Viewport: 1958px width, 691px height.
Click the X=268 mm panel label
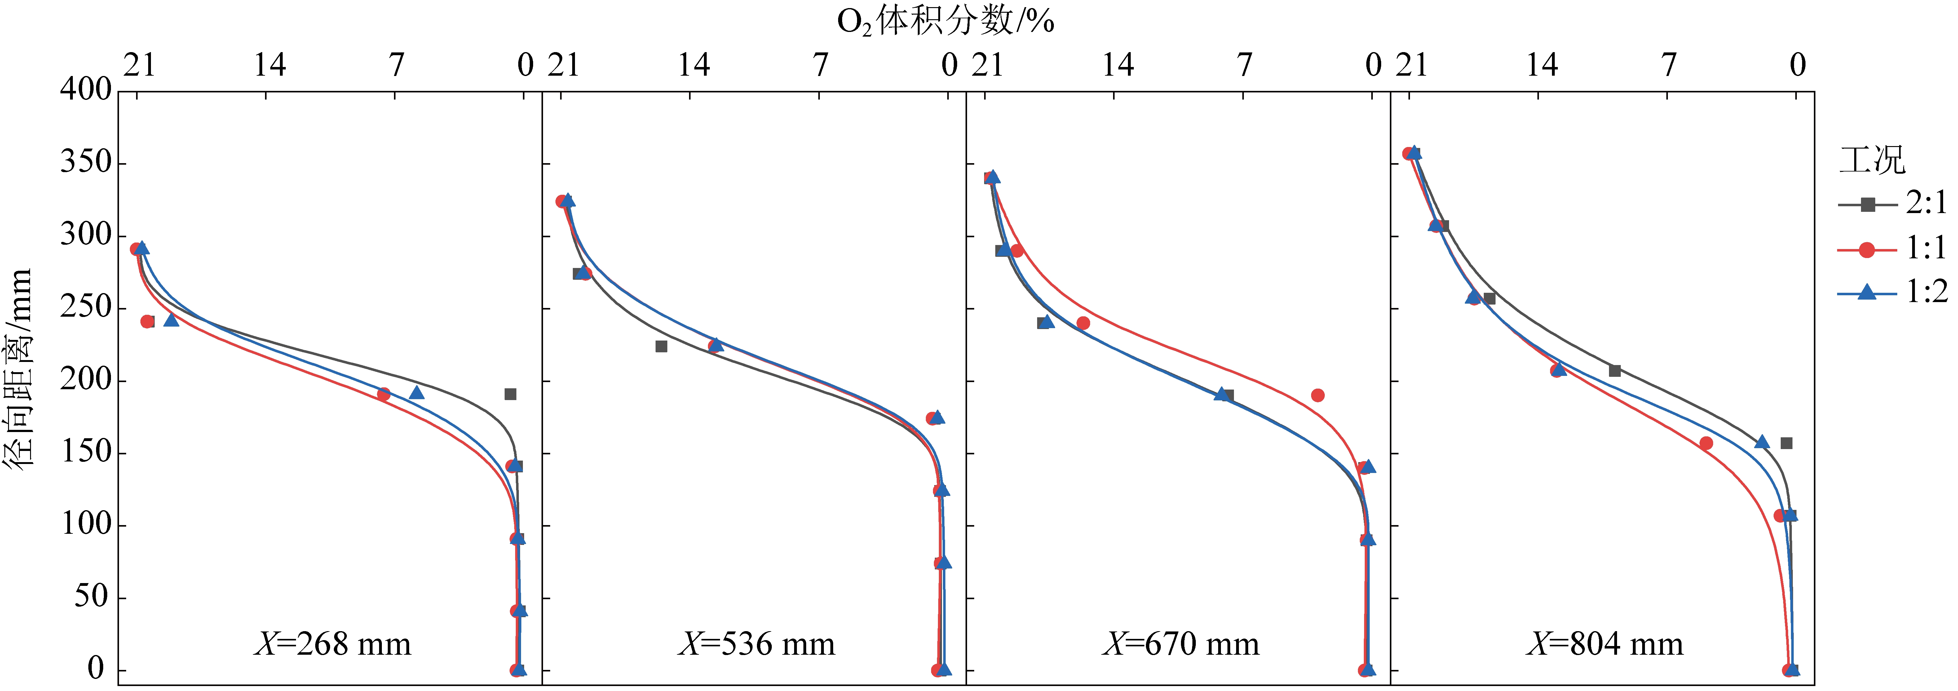click(x=332, y=644)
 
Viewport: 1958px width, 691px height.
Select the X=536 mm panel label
click(x=756, y=644)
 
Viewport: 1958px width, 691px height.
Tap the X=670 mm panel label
click(x=1180, y=644)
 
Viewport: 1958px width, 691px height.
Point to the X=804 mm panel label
click(x=1605, y=644)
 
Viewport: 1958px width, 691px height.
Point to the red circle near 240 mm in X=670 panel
click(x=1083, y=323)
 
